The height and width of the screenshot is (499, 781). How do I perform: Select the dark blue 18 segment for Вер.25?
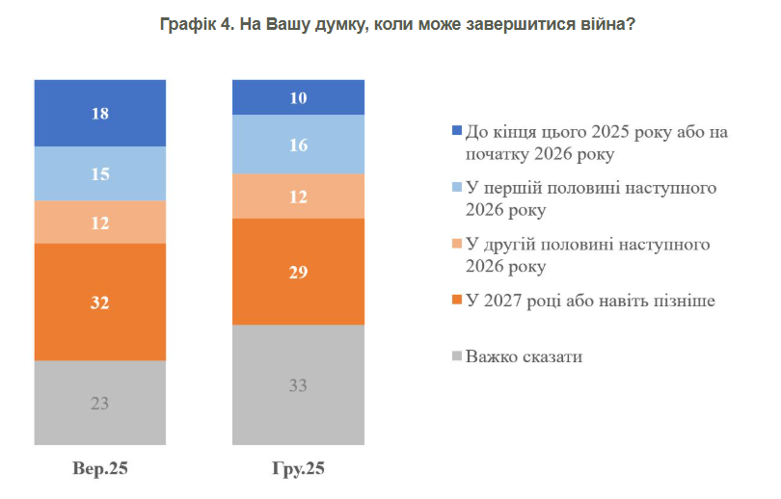pyautogui.click(x=99, y=113)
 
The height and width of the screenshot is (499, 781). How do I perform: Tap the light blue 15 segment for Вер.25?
pyautogui.click(x=99, y=173)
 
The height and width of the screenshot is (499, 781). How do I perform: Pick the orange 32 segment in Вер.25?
pyautogui.click(x=99, y=302)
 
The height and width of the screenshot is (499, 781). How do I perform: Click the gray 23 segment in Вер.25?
pyautogui.click(x=99, y=403)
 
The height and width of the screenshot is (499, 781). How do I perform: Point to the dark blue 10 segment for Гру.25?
pyautogui.click(x=298, y=97)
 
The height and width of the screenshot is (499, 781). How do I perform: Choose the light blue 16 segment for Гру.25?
pyautogui.click(x=298, y=144)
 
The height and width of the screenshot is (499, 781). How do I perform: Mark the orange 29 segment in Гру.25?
pyautogui.click(x=298, y=272)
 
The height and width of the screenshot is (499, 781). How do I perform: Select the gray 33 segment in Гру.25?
pyautogui.click(x=298, y=384)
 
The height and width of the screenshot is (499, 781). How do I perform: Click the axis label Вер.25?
pyautogui.click(x=99, y=470)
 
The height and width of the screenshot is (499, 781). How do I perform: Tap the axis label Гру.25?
pyautogui.click(x=298, y=470)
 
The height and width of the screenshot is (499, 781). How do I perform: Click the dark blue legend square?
pyautogui.click(x=456, y=132)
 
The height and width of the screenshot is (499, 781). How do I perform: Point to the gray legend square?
pyautogui.click(x=456, y=357)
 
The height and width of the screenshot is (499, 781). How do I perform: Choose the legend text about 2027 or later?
pyautogui.click(x=590, y=302)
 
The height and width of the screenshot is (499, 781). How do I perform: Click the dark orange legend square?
pyautogui.click(x=456, y=302)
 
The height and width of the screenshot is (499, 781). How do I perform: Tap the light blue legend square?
pyautogui.click(x=456, y=188)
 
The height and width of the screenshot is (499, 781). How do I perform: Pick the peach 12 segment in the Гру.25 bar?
pyautogui.click(x=298, y=197)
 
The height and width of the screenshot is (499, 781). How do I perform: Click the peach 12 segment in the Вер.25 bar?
pyautogui.click(x=99, y=222)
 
